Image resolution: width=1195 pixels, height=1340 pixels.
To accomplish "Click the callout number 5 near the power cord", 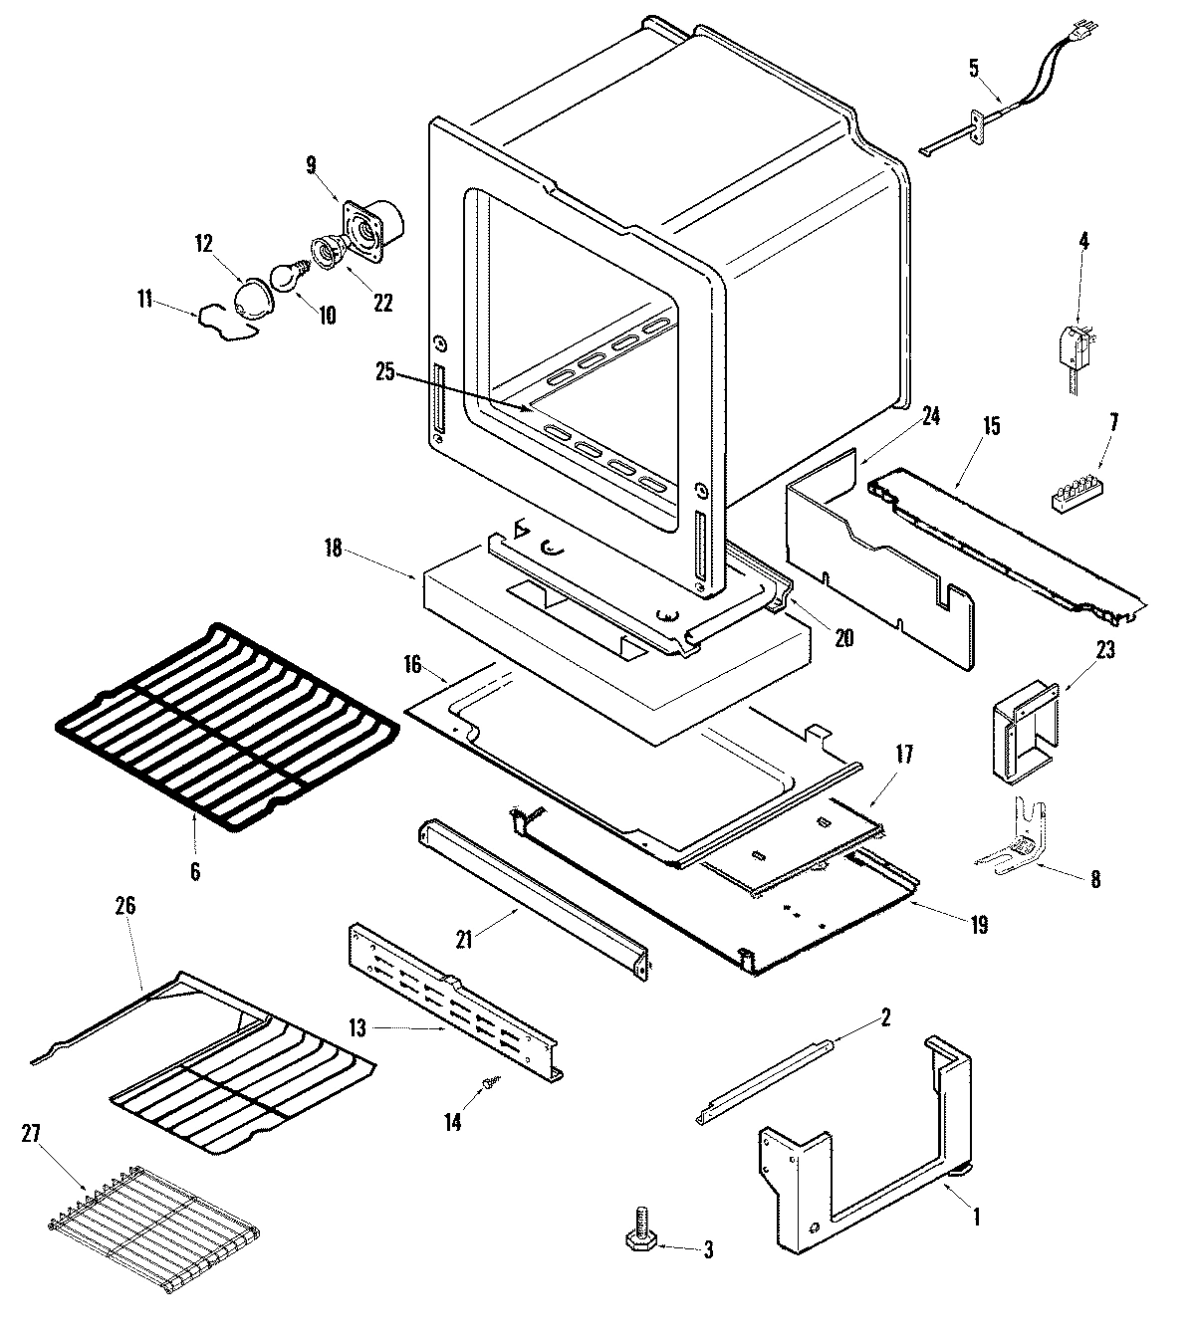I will pos(973,68).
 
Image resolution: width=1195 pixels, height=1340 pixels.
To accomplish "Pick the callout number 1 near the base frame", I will pos(977,1215).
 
